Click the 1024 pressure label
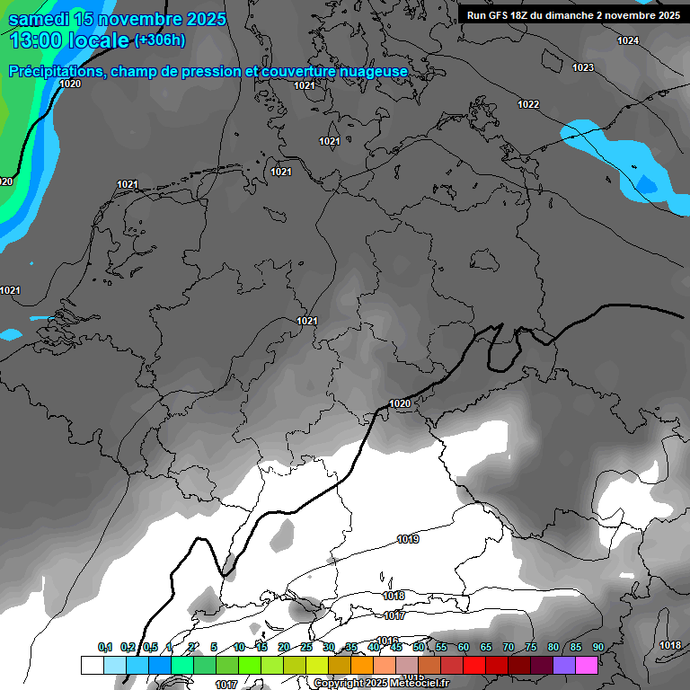(628, 41)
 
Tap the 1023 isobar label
(583, 68)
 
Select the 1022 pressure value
(528, 105)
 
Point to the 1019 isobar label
(408, 540)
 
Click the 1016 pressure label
(388, 641)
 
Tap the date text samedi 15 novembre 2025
(117, 19)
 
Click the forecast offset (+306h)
(160, 40)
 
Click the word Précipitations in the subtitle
(55, 72)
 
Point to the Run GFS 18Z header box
(573, 15)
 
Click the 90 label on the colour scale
(598, 648)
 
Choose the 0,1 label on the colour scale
(105, 648)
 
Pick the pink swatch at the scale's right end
(587, 665)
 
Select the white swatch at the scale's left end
(92, 665)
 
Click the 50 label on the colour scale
(419, 648)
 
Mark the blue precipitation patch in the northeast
(620, 158)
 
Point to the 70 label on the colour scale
(509, 648)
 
